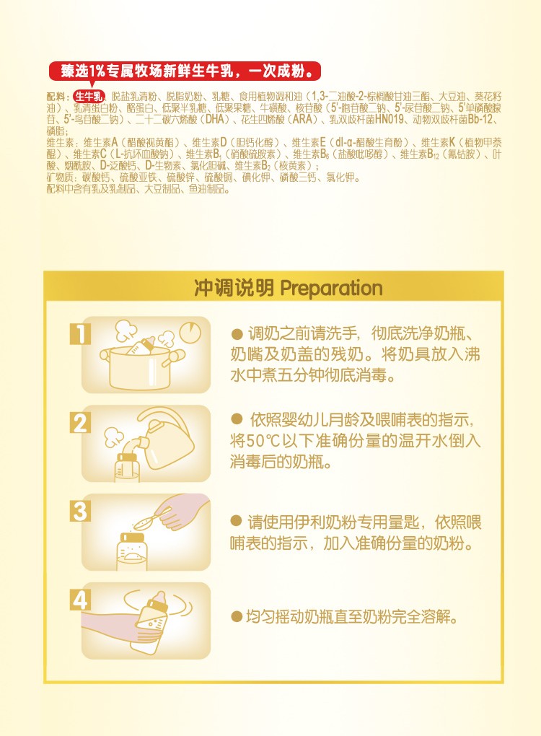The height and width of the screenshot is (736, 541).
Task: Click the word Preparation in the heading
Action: pyautogui.click(x=331, y=289)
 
